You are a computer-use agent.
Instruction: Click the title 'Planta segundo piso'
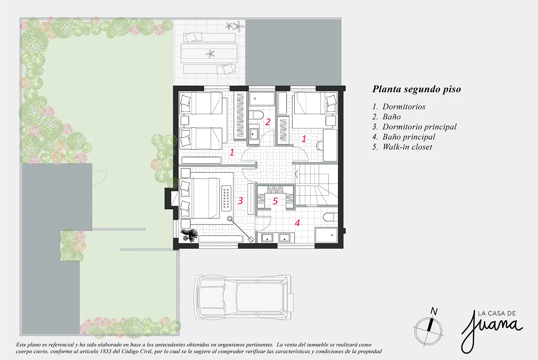416,89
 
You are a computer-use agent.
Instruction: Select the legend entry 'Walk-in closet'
407,147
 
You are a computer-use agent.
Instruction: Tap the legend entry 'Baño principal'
409,137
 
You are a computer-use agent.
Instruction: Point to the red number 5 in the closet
275,201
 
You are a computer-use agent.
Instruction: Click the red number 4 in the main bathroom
297,223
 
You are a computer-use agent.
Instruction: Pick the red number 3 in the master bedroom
240,200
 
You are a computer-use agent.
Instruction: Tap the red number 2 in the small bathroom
268,122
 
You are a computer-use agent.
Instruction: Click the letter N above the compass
434,311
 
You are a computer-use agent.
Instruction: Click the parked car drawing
244,297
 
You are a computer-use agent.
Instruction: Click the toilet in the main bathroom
330,217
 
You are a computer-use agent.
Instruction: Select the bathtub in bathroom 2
262,99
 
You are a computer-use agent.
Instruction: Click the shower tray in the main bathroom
326,235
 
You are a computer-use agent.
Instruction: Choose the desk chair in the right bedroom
320,146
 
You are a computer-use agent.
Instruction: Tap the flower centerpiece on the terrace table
211,54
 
